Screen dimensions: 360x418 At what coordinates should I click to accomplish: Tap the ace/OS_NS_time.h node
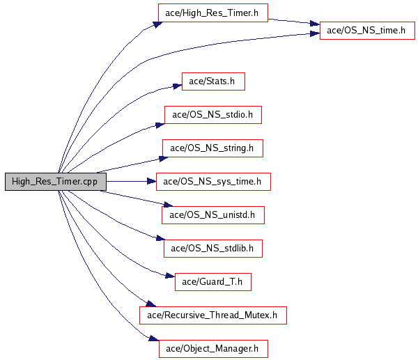click(366, 31)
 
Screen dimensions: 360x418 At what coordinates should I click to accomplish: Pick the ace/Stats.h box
click(212, 81)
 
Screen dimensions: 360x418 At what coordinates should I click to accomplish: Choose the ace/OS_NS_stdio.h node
click(212, 115)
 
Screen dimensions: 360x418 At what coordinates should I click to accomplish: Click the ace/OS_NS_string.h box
click(212, 148)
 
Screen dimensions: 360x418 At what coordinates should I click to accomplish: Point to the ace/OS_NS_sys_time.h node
click(212, 182)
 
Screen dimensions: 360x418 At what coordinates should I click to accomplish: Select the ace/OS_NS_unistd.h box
click(212, 215)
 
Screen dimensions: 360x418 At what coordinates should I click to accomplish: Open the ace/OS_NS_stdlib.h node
click(212, 247)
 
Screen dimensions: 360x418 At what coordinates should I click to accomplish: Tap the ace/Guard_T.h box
click(212, 281)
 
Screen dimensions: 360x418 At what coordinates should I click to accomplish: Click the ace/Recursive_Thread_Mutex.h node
click(212, 315)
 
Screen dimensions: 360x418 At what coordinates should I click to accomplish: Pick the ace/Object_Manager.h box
click(212, 348)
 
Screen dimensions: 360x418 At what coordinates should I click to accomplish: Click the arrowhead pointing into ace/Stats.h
click(177, 86)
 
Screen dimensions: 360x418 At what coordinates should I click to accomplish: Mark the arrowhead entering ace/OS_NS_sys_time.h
click(151, 182)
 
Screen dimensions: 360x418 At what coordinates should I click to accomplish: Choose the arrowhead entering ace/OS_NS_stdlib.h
click(159, 240)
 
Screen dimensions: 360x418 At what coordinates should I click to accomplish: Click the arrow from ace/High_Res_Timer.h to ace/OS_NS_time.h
click(293, 22)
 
